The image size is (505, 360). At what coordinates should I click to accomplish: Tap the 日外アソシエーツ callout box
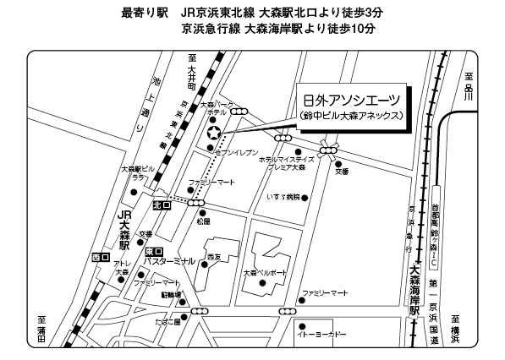click(351, 106)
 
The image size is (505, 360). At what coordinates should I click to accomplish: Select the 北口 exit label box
click(162, 205)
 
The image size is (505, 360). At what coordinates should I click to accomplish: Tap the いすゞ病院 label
click(281, 197)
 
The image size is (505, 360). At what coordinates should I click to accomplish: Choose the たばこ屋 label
click(165, 322)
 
